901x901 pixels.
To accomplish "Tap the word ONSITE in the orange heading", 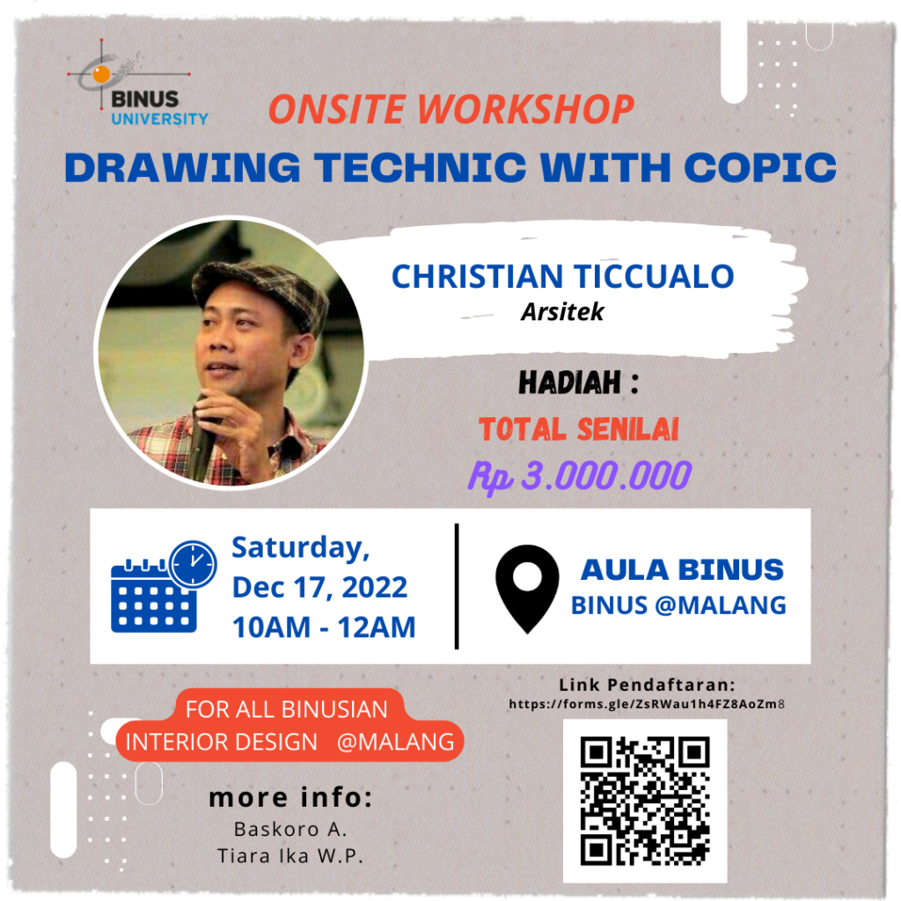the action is (x=337, y=109).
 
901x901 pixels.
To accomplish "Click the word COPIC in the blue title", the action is (x=759, y=167).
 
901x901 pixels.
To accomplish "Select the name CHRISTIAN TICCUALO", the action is (x=562, y=276).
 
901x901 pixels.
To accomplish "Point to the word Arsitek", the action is (x=562, y=312).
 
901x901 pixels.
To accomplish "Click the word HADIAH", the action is (x=570, y=383).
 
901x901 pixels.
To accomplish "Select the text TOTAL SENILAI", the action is (x=579, y=429).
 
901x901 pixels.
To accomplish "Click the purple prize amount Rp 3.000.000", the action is (x=580, y=476).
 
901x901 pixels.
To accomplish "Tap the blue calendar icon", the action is (x=153, y=596).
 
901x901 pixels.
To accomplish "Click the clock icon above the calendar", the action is (x=193, y=564).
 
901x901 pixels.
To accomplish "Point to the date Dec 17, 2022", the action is (x=319, y=588).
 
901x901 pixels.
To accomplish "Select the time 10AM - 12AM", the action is (x=324, y=627).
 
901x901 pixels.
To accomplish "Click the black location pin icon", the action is (x=527, y=589).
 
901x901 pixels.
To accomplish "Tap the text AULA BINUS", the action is (x=682, y=570).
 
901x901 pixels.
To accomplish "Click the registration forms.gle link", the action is (x=647, y=704).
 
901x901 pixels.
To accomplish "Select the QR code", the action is (x=645, y=801).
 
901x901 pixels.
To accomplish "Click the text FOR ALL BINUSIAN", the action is (x=287, y=710).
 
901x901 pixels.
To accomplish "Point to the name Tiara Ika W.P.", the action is (x=290, y=856).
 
